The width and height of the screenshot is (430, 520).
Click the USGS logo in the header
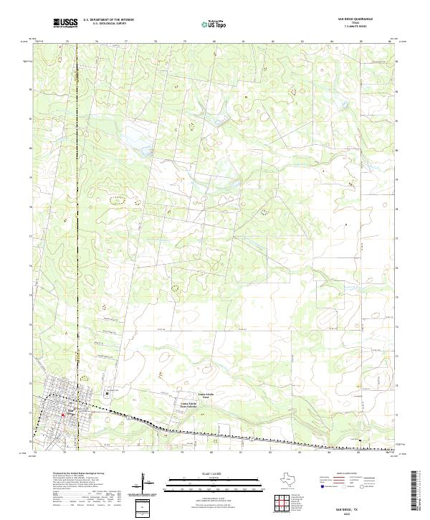pos(66,24)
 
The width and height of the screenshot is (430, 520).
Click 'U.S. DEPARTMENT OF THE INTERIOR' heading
pos(108,20)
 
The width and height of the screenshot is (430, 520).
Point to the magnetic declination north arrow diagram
pos(148,487)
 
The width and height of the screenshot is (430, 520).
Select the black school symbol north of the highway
pos(107,393)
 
